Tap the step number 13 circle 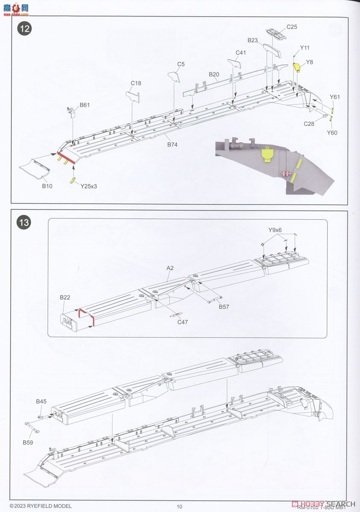coord(24,222)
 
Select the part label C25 coord(292,27)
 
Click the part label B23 coord(253,41)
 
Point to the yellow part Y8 coord(297,67)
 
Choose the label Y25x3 coord(88,186)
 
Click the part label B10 coord(47,186)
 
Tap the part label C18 coord(136,83)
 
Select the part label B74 coord(172,145)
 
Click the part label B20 coord(214,74)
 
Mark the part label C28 coord(309,124)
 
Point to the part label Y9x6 coord(275,230)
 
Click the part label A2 coord(171,268)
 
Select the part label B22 coord(65,297)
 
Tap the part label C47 coord(183,323)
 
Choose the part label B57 coord(225,306)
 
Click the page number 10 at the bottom coord(179,506)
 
